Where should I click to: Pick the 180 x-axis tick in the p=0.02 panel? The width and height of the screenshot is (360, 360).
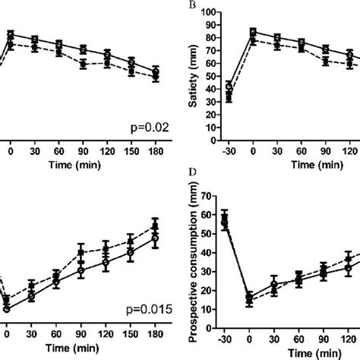[x=155, y=151]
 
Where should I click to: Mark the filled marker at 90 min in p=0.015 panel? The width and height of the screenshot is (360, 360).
[x=81, y=253]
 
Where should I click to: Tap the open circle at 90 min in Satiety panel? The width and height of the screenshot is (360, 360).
[x=326, y=49]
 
